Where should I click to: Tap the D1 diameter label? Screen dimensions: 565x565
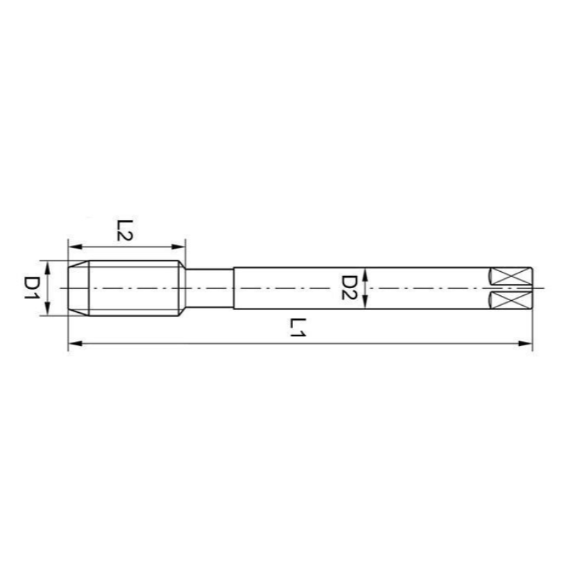pyautogui.click(x=32, y=288)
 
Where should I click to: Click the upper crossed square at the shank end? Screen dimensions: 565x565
pyautogui.click(x=511, y=276)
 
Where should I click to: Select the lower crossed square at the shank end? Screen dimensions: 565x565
pyautogui.click(x=511, y=300)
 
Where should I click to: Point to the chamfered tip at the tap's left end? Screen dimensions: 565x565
pyautogui.click(x=78, y=288)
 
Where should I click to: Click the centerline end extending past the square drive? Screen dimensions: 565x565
pyautogui.click(x=540, y=288)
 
